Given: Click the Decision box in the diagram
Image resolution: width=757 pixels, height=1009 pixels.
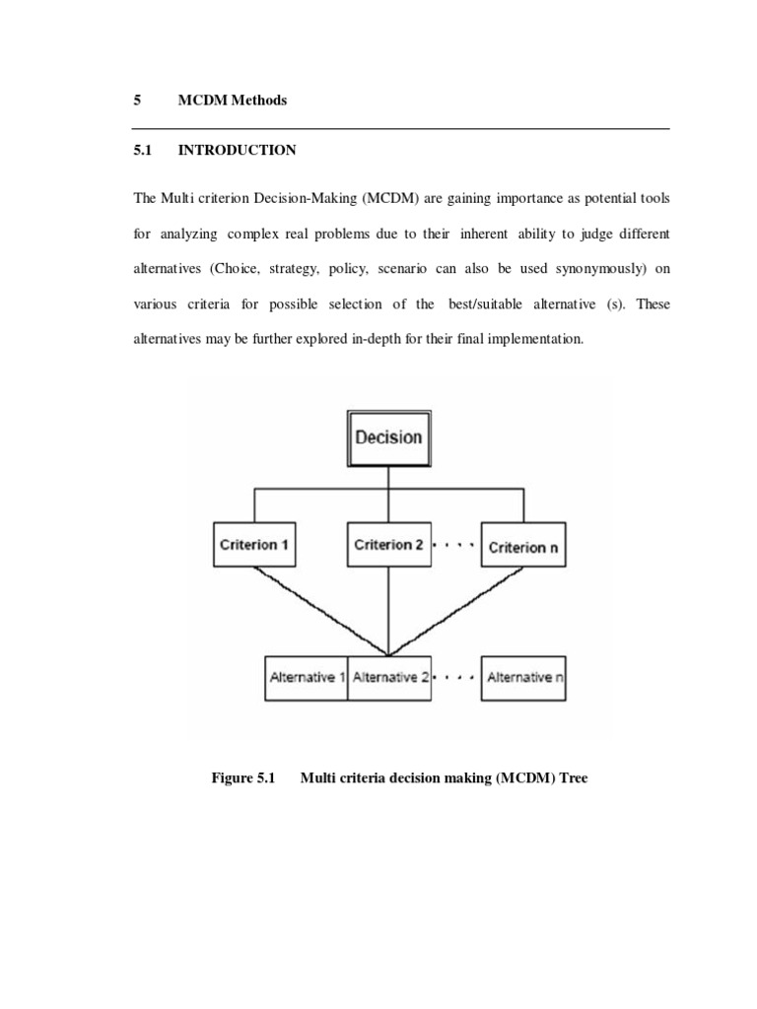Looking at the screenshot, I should (x=387, y=437).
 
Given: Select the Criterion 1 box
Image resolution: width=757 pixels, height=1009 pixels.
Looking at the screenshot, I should (x=254, y=544).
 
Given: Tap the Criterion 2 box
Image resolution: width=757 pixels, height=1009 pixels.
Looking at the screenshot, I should (x=389, y=544).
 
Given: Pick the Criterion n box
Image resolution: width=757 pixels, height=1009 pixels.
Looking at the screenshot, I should (x=522, y=546).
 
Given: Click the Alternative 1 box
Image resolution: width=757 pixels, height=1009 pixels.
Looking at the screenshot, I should (x=308, y=677).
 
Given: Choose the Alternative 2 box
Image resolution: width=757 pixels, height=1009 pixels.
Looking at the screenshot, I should (x=390, y=677).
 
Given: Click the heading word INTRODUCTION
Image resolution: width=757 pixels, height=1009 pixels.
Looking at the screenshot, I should (x=236, y=151).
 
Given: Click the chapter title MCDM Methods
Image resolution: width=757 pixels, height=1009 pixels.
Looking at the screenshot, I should (x=233, y=101).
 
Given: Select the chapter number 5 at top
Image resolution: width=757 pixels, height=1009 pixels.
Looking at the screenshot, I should (x=137, y=101).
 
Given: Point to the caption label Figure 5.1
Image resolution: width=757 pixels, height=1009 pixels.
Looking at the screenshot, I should (x=241, y=777).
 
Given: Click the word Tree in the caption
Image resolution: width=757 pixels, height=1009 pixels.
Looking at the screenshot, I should (x=571, y=777).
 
